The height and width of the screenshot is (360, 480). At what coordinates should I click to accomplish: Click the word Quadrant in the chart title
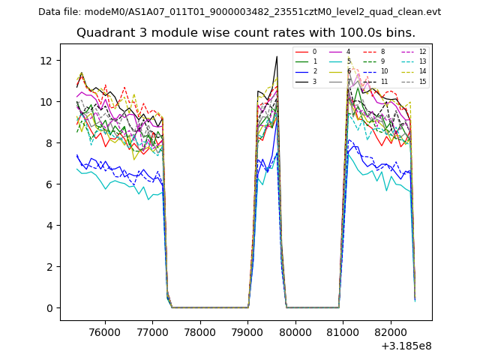pos(104,33)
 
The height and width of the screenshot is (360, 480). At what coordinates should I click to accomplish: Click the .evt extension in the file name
pos(432,12)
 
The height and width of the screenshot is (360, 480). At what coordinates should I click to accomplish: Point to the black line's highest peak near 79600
pos(277,56)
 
